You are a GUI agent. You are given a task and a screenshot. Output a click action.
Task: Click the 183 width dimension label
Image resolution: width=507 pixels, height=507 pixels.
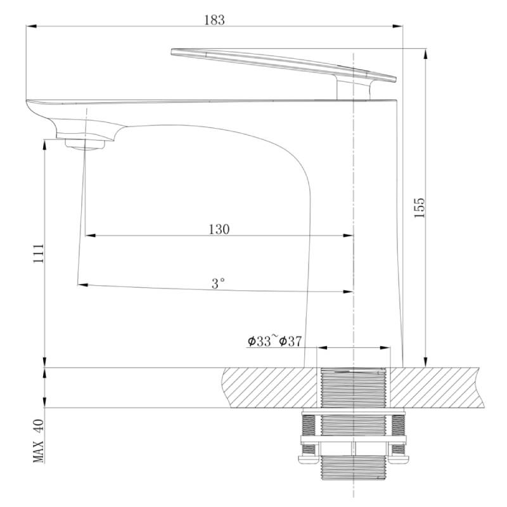pyautogui.click(x=214, y=20)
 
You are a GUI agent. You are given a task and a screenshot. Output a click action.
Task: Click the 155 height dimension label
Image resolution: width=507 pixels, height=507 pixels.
pyautogui.click(x=420, y=208)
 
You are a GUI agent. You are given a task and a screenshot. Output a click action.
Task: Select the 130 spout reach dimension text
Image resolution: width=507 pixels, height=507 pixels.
pyautogui.click(x=219, y=229)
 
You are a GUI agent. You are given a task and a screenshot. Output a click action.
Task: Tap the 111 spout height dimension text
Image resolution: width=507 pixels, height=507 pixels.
pyautogui.click(x=39, y=253)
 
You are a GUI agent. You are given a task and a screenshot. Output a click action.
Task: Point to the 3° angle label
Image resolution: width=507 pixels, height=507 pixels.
pyautogui.click(x=218, y=283)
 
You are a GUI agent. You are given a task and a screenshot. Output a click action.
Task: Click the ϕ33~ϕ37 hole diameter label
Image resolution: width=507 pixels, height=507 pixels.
pyautogui.click(x=274, y=341)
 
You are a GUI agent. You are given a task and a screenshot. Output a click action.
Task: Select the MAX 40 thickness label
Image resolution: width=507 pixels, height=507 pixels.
pyautogui.click(x=38, y=440)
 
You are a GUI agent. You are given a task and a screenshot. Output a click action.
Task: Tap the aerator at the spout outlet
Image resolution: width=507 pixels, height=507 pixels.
pyautogui.click(x=85, y=144)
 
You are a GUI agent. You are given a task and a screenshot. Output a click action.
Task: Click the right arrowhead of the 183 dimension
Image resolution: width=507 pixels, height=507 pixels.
pyautogui.click(x=398, y=26)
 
